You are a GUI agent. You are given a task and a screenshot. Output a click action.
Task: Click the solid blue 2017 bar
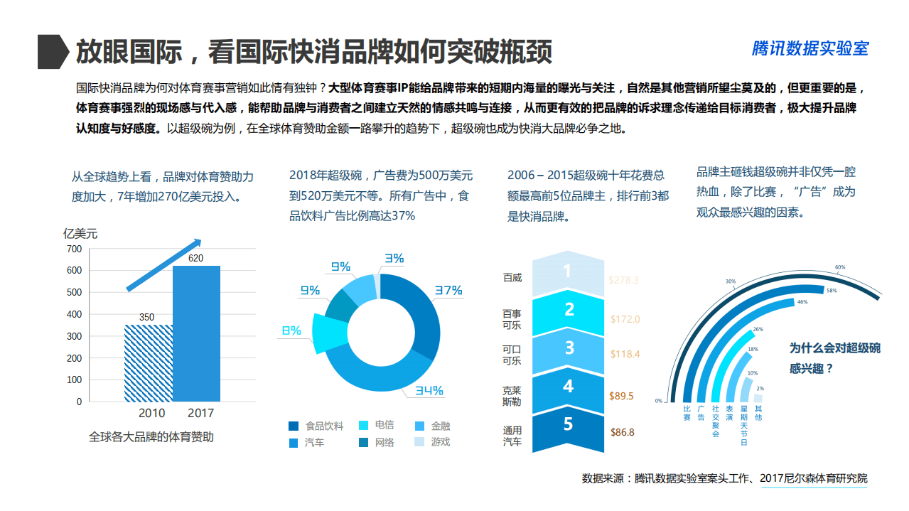[x=196, y=333]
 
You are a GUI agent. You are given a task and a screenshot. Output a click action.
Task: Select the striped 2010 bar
[x=149, y=362]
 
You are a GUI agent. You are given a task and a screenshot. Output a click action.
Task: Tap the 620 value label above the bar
[x=196, y=258]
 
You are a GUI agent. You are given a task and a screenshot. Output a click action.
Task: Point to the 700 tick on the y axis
[x=74, y=249]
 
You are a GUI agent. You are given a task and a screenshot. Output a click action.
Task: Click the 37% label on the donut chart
[x=448, y=290]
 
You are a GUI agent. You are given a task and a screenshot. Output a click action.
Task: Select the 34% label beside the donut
[x=429, y=390]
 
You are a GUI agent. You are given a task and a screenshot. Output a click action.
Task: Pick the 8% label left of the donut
[x=291, y=330]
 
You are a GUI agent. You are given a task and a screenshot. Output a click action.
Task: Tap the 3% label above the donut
[x=394, y=259]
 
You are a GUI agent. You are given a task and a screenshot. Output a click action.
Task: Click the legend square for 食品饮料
[x=294, y=426]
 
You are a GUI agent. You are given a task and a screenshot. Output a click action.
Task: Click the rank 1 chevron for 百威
[x=567, y=272]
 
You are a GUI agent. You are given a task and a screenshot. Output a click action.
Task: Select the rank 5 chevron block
[x=567, y=426]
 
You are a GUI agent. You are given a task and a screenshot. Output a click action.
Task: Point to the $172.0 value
[x=625, y=319]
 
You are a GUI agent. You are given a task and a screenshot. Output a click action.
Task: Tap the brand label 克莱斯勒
[x=512, y=395]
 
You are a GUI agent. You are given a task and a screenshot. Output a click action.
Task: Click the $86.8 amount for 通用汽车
[x=622, y=431]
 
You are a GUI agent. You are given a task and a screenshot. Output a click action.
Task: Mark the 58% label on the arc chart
[x=831, y=291]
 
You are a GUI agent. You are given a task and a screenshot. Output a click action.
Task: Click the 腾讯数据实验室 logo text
[x=810, y=48]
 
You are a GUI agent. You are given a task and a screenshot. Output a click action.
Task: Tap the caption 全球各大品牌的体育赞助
[x=151, y=437]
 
